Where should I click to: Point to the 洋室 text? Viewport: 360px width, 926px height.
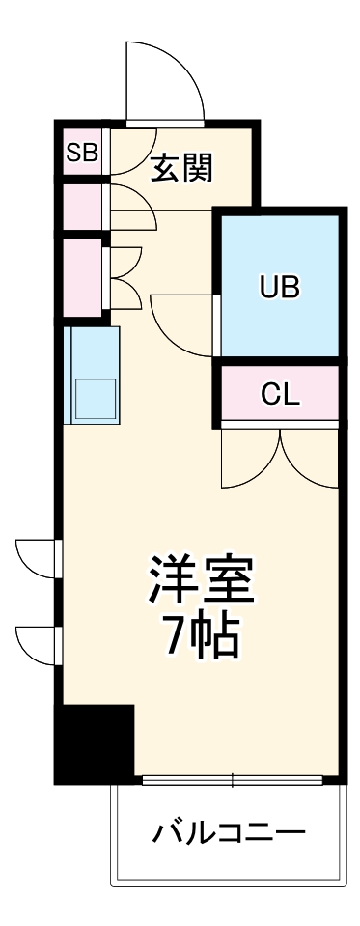coord(200,580)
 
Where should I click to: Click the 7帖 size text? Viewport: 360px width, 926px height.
coord(200,634)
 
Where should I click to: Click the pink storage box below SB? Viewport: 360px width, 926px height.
coord(82,204)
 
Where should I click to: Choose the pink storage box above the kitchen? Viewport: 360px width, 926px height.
coord(82,277)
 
